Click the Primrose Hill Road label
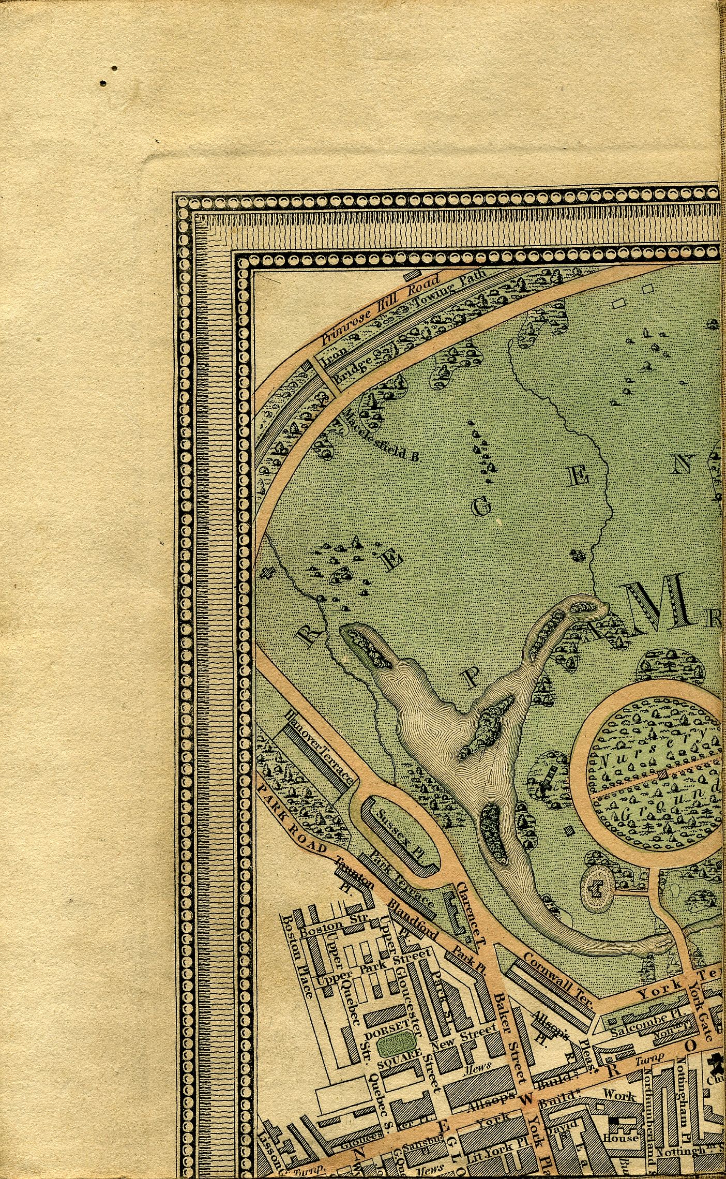click(380, 309)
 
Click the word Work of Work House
click(618, 1092)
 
